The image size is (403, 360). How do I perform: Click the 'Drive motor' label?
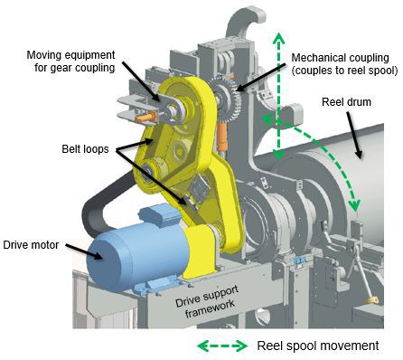coord(31,244)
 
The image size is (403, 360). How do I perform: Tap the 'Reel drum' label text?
coord(346,102)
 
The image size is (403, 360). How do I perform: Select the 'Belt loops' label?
coord(85,149)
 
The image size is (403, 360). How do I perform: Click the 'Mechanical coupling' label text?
coord(340,57)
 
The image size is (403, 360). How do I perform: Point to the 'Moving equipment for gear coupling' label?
coord(71,62)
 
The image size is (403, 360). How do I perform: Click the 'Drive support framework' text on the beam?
coord(207,301)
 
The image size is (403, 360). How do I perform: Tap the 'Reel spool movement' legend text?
coord(318,346)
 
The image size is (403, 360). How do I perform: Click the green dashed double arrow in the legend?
coord(222,346)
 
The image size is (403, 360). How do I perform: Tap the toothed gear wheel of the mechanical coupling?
coord(227,99)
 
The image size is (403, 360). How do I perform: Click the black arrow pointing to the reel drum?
coord(354,135)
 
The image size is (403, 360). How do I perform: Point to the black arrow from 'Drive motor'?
coord(85,251)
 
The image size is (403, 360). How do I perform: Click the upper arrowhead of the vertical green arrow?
coord(279,37)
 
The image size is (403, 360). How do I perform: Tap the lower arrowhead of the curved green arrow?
coord(355,205)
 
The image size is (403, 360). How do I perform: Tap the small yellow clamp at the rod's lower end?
coord(371,300)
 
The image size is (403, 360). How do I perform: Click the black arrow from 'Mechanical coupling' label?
coord(261,77)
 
